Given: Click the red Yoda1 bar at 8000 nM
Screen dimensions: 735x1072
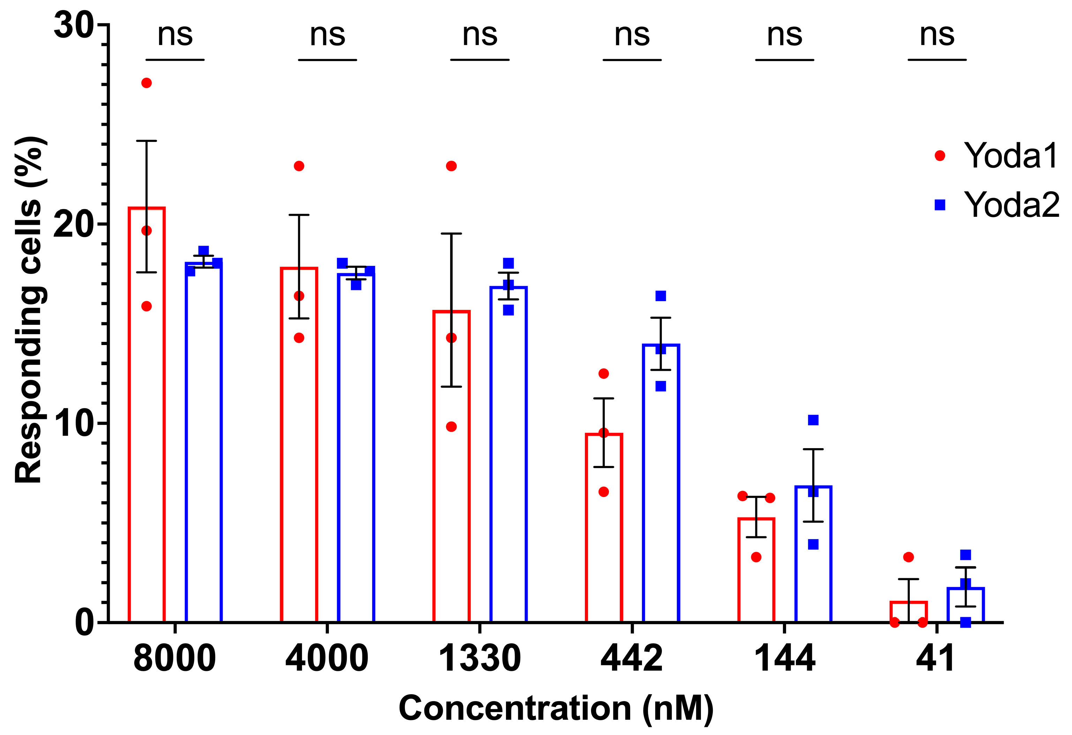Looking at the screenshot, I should (x=147, y=415).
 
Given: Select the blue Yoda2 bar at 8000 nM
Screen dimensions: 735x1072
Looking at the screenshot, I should (x=203, y=443).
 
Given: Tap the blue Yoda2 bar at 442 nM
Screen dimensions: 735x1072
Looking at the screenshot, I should (x=660, y=484).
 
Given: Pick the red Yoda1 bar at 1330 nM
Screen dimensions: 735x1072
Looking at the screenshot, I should (x=451, y=466).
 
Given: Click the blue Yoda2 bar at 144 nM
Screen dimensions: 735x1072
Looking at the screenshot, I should (x=813, y=553).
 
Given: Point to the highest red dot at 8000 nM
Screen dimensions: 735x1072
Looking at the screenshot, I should (x=147, y=83).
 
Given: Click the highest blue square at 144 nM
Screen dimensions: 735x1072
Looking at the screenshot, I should (x=813, y=420).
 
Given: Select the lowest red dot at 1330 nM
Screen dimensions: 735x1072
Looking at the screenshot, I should (x=451, y=427).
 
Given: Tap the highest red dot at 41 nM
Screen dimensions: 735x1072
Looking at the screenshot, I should (x=908, y=557).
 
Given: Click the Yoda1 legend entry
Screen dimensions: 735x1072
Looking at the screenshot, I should (x=996, y=156).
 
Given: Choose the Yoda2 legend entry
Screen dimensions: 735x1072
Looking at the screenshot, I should (x=996, y=205).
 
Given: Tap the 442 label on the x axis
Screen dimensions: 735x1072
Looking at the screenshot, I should (x=632, y=658).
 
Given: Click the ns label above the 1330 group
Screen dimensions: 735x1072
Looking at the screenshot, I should (x=480, y=35).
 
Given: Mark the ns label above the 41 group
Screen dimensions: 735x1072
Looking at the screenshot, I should (x=936, y=35).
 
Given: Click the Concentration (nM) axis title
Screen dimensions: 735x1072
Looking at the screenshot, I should (x=556, y=708).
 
